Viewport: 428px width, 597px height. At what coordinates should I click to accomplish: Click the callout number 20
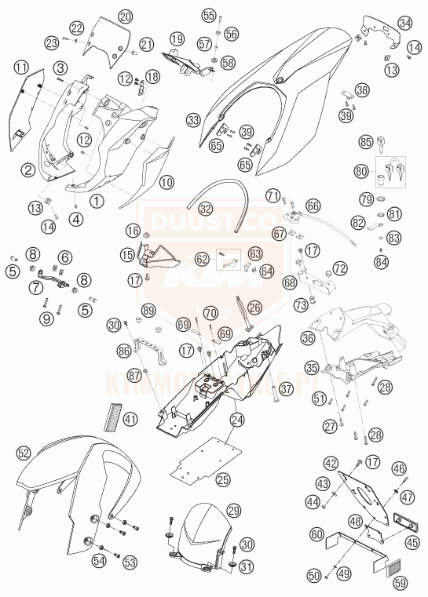126,16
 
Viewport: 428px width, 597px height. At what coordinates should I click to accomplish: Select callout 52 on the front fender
24,453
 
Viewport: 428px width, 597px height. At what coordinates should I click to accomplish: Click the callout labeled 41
130,419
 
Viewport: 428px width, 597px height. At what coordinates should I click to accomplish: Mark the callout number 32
205,209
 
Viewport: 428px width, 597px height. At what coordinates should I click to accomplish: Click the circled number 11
20,67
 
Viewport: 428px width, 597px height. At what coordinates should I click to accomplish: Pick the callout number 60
316,534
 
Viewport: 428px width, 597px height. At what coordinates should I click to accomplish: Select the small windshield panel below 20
104,41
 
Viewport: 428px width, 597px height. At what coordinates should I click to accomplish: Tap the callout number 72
339,268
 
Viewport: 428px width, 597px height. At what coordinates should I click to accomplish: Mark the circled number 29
233,511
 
